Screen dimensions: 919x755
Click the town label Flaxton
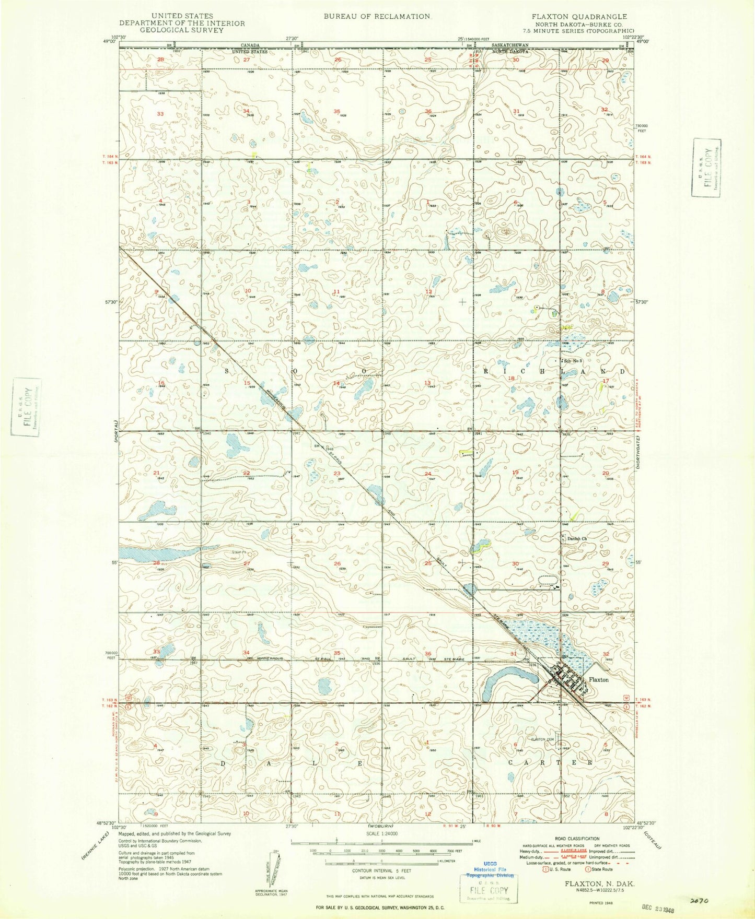pyautogui.click(x=598, y=680)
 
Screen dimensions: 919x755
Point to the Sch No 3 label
pyautogui.click(x=572, y=361)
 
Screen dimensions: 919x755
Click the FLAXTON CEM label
pyautogui.click(x=542, y=739)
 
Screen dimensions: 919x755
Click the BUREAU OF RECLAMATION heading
pyautogui.click(x=377, y=17)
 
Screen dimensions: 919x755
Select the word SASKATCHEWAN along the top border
pyautogui.click(x=510, y=46)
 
